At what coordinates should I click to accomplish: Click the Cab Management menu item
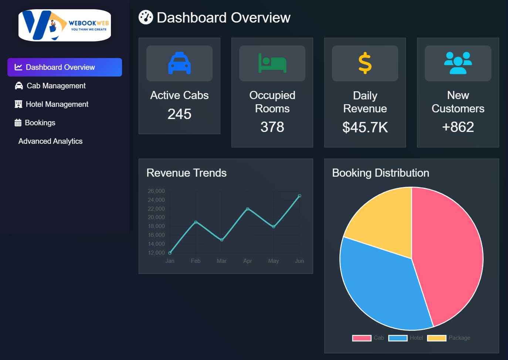point(56,86)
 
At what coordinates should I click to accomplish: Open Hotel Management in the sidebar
point(57,104)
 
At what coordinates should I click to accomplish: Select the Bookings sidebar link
point(40,123)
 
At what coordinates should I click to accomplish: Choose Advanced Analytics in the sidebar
point(50,141)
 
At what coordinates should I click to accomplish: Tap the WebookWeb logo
point(65,25)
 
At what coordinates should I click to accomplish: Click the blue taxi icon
point(179,63)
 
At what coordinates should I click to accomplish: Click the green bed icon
point(272,63)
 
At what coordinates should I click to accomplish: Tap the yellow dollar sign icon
point(365,63)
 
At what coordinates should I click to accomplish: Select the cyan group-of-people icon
point(458,63)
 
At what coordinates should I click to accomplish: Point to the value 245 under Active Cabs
point(179,114)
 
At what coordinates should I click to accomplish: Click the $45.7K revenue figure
point(365,127)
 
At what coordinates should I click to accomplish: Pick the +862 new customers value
point(458,127)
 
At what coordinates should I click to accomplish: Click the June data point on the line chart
point(299,196)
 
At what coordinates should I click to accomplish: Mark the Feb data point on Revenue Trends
point(196,222)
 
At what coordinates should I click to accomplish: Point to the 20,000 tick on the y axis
point(156,217)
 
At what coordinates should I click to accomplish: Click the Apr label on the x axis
point(247,261)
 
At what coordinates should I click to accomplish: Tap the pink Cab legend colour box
point(362,338)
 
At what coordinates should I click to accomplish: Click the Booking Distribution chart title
point(380,173)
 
